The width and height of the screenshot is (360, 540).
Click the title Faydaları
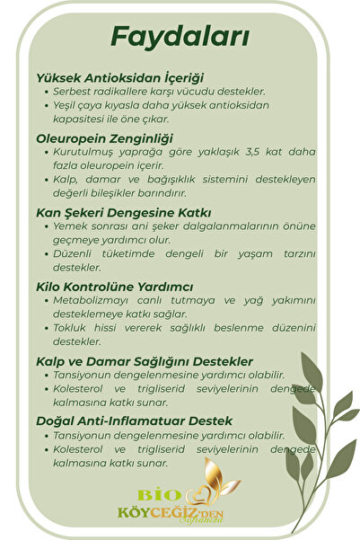(180, 37)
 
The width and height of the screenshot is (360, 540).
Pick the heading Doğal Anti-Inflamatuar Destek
(135, 420)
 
